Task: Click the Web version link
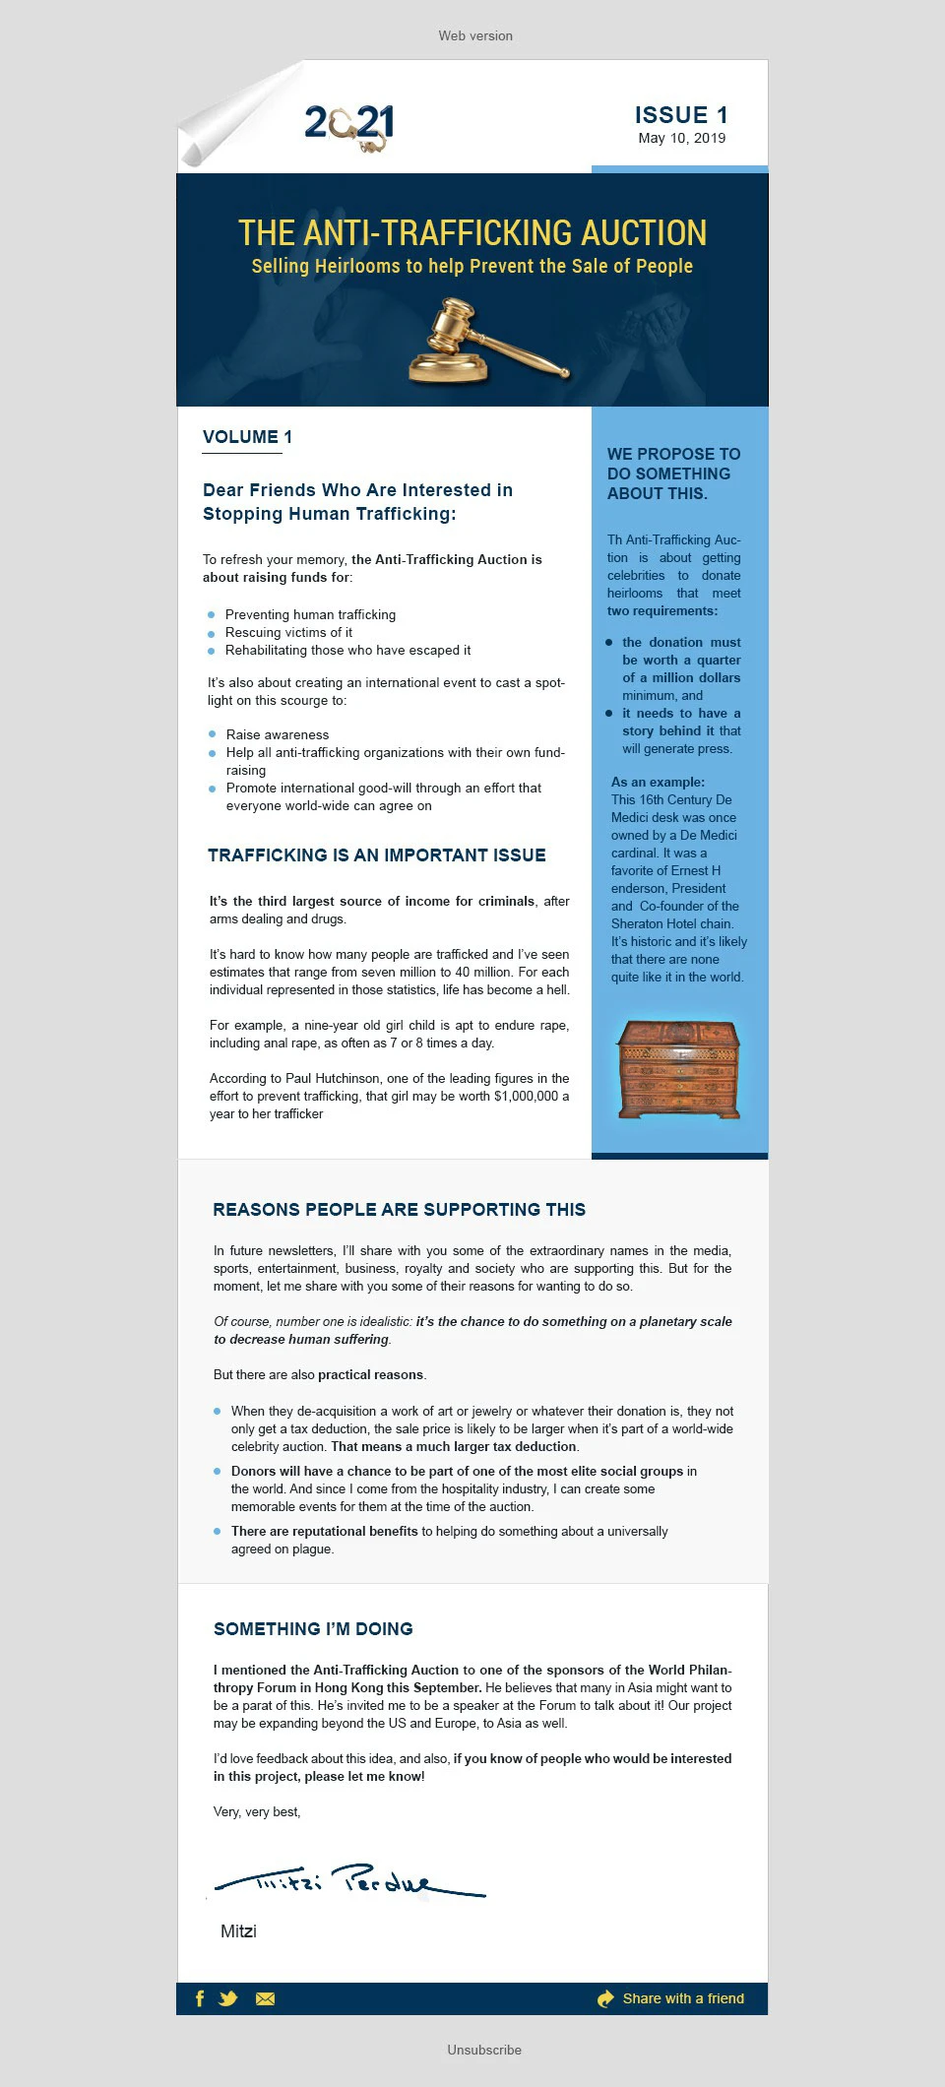click(x=475, y=36)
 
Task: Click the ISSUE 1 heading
click(x=680, y=115)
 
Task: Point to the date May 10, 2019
click(x=681, y=139)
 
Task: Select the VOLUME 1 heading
click(x=247, y=437)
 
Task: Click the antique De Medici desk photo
click(x=678, y=1069)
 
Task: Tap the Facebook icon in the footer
click(x=200, y=1998)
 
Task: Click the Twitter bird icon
click(x=228, y=1998)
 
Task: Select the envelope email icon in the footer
click(x=265, y=1998)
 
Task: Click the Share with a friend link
click(x=682, y=1998)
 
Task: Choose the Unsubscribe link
click(x=484, y=2050)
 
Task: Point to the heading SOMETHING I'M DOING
click(x=313, y=1629)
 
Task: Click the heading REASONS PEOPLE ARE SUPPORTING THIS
click(x=399, y=1210)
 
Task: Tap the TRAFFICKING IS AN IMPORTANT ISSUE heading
click(x=376, y=855)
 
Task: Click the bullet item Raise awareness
click(x=278, y=735)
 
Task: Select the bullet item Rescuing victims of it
click(x=288, y=633)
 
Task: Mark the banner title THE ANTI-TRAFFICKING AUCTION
click(x=472, y=233)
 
